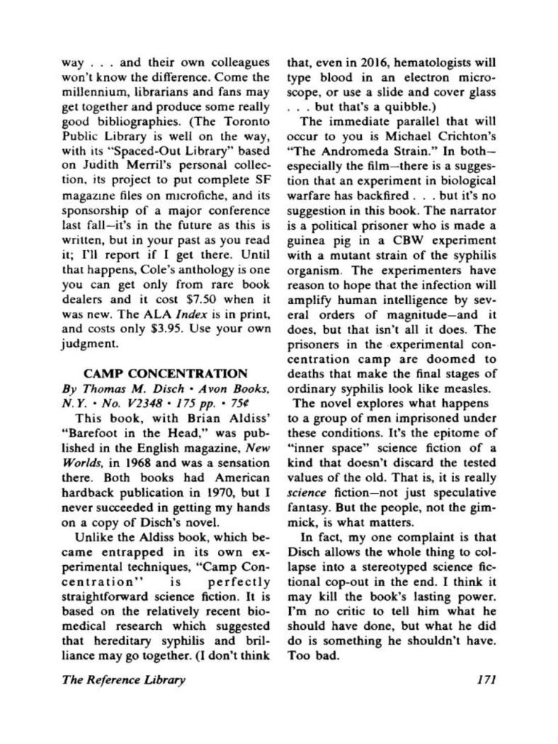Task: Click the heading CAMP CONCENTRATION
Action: pyautogui.click(x=164, y=374)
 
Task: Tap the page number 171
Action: pyautogui.click(x=482, y=681)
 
